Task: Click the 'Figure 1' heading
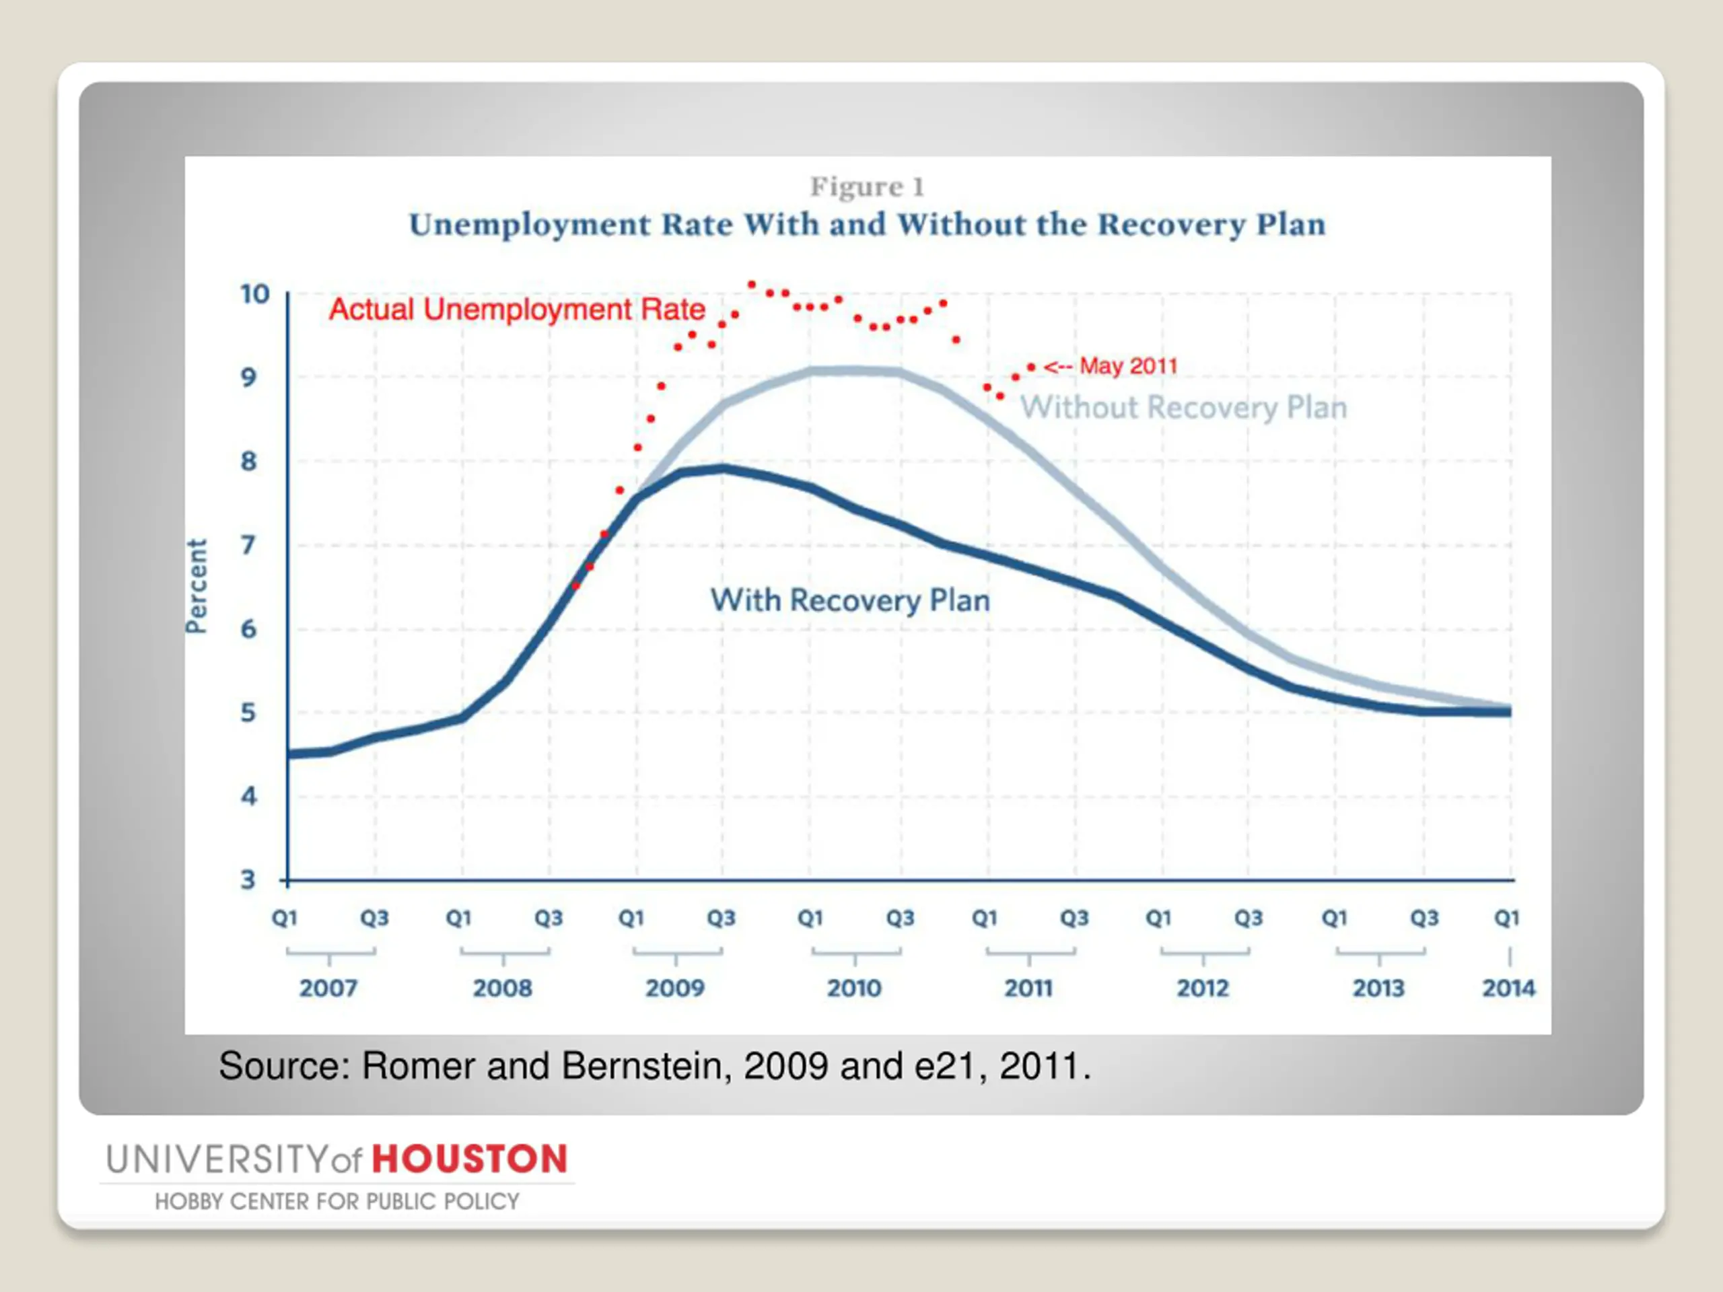(867, 187)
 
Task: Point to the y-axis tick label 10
(254, 294)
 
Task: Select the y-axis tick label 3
(248, 880)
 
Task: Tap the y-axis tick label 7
(248, 544)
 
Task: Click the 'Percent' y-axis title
(197, 586)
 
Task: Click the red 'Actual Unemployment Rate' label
(516, 309)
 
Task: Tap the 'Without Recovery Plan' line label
(1183, 407)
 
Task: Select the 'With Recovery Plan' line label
(850, 600)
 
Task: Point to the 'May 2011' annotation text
(1128, 366)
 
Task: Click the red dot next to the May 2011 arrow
(1030, 367)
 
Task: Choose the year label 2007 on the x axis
(328, 989)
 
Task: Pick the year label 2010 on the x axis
(853, 989)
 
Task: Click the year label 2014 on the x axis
(1508, 989)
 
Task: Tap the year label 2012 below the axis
(1203, 989)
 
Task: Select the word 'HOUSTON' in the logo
(470, 1159)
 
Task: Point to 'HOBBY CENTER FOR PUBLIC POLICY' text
(337, 1202)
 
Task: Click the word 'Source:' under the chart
(283, 1066)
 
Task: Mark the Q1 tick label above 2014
(1506, 918)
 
